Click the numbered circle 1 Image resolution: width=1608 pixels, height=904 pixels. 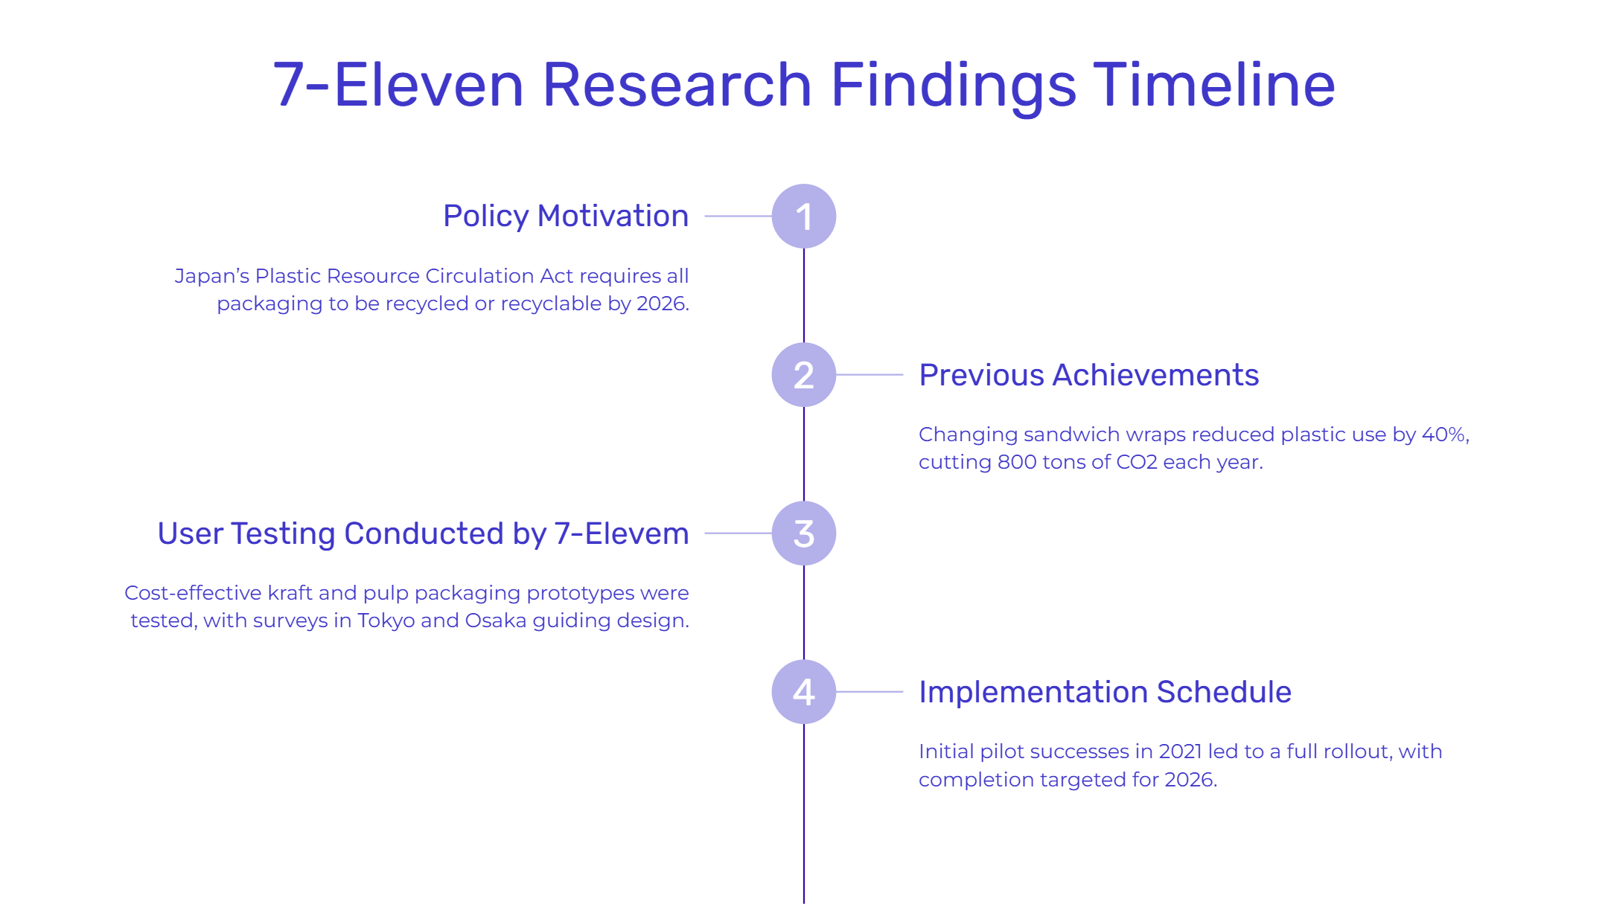point(804,216)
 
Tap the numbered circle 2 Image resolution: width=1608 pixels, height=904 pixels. point(804,374)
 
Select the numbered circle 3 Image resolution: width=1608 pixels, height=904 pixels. point(804,533)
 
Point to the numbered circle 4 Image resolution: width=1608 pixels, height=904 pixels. point(804,691)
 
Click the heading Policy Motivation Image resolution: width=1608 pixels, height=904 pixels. point(566,216)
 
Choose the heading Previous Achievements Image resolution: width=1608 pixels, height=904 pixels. point(1089,375)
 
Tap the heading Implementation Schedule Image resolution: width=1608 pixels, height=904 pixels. point(1105,692)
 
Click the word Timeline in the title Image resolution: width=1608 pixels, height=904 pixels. point(1214,85)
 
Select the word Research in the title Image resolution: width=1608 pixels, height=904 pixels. point(677,85)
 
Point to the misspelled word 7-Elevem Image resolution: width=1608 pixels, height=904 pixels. point(622,533)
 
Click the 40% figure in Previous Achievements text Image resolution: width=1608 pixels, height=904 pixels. point(1443,435)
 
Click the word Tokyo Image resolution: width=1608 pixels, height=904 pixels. point(386,621)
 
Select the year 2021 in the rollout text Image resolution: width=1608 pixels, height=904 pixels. point(1180,751)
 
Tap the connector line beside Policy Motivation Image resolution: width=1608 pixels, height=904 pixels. point(738,216)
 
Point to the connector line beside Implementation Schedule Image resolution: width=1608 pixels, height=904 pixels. point(870,691)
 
